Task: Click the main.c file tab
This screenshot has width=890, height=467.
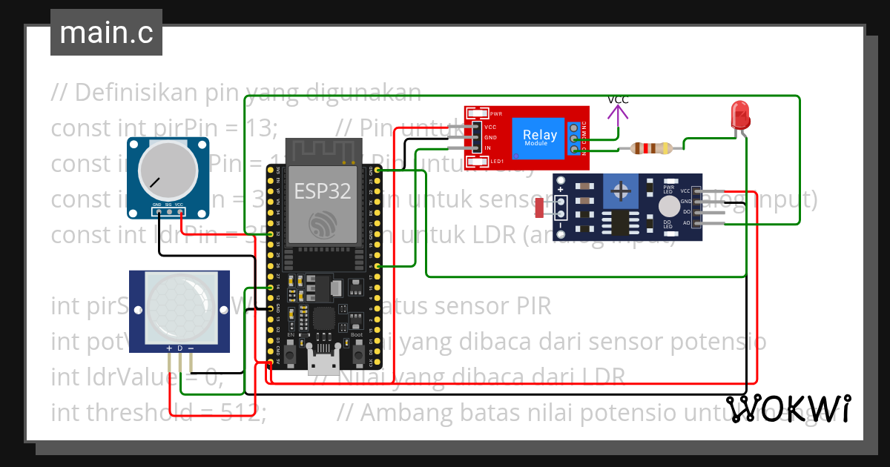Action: [106, 33]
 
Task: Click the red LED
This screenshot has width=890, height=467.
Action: [740, 116]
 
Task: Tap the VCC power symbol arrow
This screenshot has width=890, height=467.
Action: [618, 113]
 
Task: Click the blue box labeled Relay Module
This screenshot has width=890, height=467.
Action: [539, 136]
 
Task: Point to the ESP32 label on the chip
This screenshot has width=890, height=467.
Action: [323, 191]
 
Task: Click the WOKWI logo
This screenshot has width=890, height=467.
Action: [788, 408]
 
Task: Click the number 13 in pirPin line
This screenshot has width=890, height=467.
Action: [259, 127]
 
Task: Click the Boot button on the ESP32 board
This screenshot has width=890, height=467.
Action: [357, 354]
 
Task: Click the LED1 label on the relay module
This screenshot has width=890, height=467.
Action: [495, 161]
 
